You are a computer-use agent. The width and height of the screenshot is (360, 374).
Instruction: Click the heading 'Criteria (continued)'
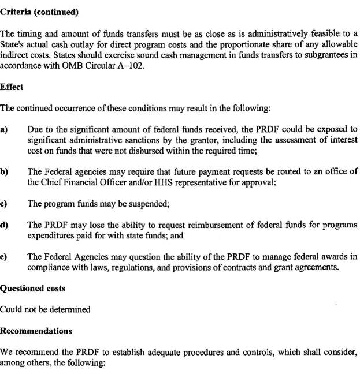(x=39, y=12)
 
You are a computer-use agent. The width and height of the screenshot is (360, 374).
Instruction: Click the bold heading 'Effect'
(x=12, y=87)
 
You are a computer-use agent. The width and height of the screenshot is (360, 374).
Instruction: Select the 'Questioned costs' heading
(x=32, y=289)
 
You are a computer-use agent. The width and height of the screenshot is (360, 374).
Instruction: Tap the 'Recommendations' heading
(x=36, y=331)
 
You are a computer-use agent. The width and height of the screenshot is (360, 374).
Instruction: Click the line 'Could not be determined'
(x=45, y=309)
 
